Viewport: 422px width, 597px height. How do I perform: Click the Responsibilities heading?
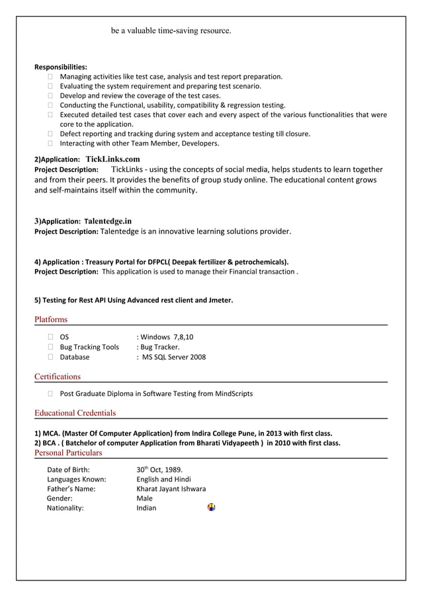[x=61, y=67]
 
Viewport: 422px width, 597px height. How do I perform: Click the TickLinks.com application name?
[x=112, y=159]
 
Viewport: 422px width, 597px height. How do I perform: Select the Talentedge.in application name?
[x=108, y=221]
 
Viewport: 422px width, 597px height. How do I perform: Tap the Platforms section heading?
[x=51, y=320]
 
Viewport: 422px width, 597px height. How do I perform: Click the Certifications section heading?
[x=58, y=377]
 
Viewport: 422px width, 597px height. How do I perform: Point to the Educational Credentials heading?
[x=75, y=413]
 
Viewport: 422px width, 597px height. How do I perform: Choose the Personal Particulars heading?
[x=68, y=453]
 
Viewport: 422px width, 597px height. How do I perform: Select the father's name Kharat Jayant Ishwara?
[x=171, y=489]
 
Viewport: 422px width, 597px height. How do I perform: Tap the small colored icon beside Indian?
[x=211, y=507]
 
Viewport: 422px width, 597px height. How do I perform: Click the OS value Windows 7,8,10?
[x=166, y=337]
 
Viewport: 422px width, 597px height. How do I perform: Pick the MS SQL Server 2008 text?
[x=173, y=357]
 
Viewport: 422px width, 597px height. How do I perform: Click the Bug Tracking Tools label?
[x=89, y=347]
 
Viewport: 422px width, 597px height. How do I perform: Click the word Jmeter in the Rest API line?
[x=219, y=300]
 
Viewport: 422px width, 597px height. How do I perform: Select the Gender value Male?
[x=144, y=498]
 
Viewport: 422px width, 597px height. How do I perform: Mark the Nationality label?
[x=65, y=508]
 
